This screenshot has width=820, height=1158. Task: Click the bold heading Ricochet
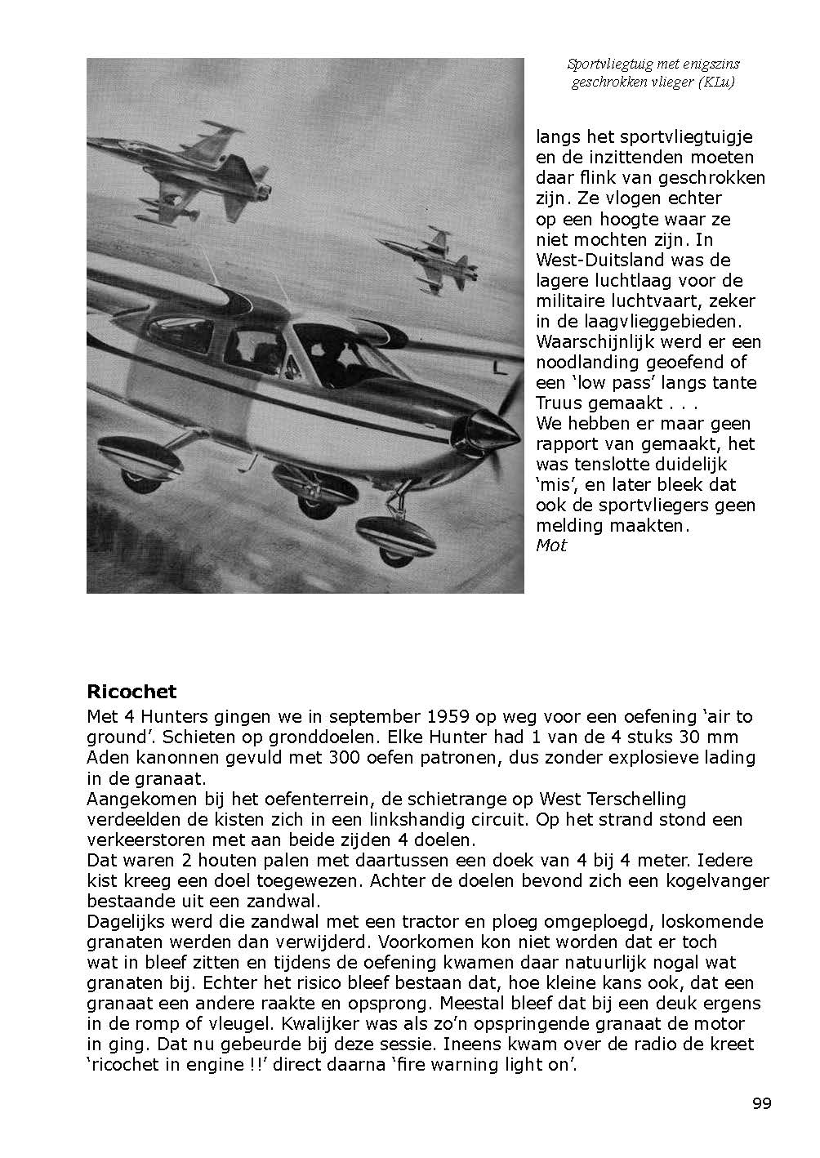(131, 692)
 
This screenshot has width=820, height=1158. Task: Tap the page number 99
(761, 1103)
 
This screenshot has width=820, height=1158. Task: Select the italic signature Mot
(551, 546)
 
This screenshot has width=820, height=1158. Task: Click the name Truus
(558, 403)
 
